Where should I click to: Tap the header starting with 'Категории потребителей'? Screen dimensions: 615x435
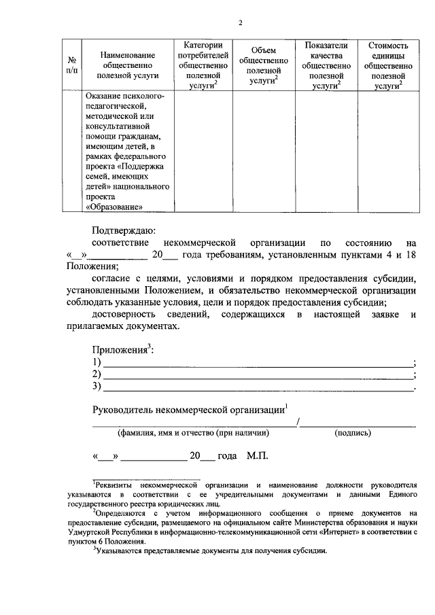tap(203, 65)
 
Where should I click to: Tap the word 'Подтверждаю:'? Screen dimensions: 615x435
tap(124, 231)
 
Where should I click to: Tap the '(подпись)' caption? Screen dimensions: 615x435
tap(352, 432)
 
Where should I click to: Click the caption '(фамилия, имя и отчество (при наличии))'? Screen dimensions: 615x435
tap(193, 432)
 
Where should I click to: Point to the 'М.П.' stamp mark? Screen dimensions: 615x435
tap(258, 455)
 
